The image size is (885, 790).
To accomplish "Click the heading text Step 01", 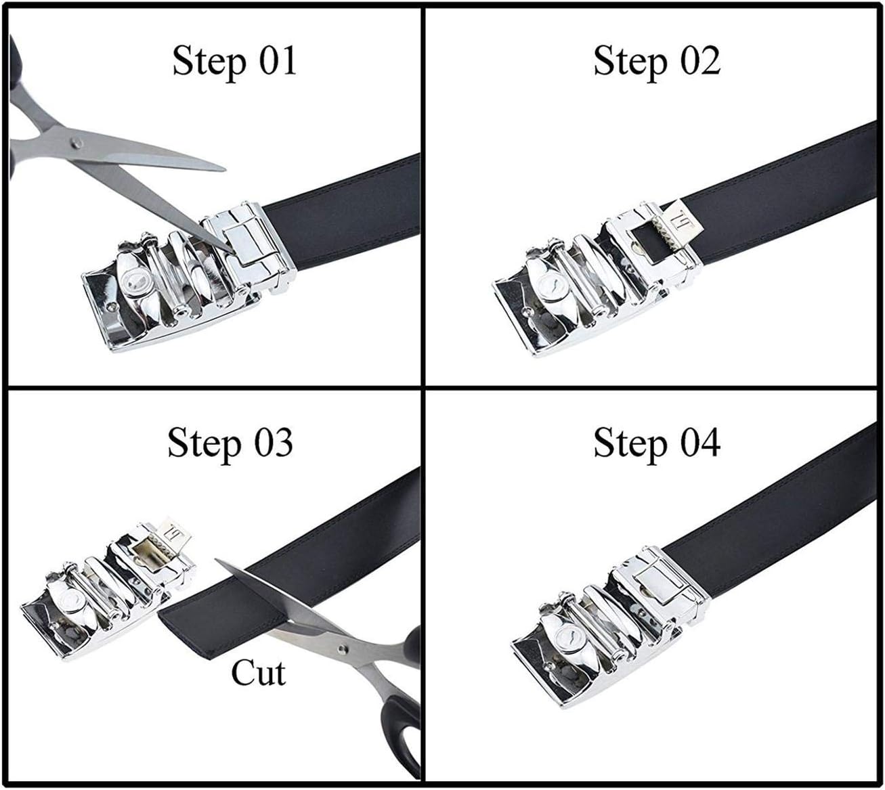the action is pos(234,62).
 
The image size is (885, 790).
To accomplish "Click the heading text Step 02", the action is pos(657,62).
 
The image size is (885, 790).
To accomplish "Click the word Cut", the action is pos(258,673).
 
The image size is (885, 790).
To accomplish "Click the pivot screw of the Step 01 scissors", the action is pos(77,142).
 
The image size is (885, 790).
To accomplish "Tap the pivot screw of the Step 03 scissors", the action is pos(343,649).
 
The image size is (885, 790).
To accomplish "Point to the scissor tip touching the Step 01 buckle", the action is pos(232,252).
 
